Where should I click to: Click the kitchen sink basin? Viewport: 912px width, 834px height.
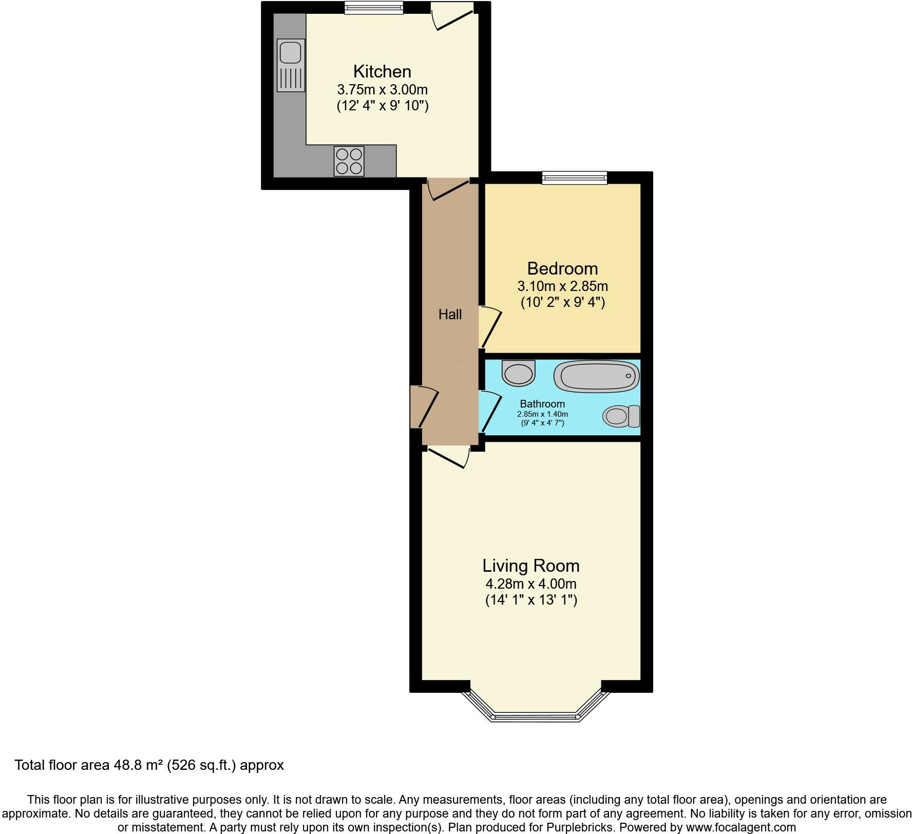coord(290,52)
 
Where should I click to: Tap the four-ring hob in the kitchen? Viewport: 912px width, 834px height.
coord(349,161)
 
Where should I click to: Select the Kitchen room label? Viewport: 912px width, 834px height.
coord(382,71)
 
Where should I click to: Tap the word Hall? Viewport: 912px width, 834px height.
coord(450,315)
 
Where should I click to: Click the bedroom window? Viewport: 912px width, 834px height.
coord(575,178)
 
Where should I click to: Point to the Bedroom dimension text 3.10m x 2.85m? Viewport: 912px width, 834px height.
coord(562,286)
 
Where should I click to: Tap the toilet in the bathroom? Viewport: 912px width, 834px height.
coord(620,416)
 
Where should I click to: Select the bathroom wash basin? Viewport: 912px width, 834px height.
coord(519,373)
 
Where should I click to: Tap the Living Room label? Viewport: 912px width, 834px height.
coord(530,566)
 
